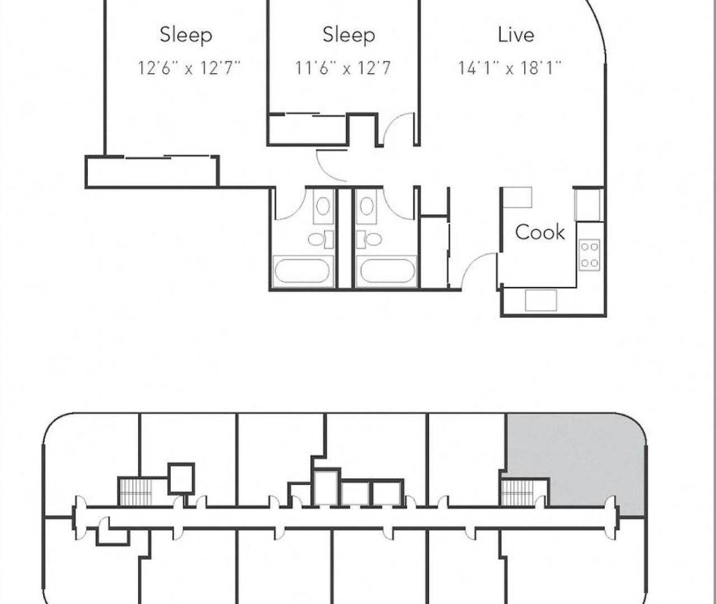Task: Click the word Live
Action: pos(516,35)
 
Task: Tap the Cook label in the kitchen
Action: pos(540,232)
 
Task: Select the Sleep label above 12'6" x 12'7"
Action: pos(186,36)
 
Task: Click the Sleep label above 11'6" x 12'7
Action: pos(348,36)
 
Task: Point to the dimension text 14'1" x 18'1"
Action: pos(510,68)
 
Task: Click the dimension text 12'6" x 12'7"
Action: pos(189,68)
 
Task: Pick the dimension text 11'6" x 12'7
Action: pos(342,68)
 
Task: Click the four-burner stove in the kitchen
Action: pos(589,255)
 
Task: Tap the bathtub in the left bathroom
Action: pos(303,271)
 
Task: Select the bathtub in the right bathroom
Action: pos(386,271)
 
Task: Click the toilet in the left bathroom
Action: pos(321,239)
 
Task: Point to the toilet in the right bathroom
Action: pos(369,239)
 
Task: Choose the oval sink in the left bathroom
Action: pos(323,206)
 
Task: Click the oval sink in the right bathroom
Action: pos(366,206)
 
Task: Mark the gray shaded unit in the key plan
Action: pos(583,459)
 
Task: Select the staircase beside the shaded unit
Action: pos(518,493)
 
